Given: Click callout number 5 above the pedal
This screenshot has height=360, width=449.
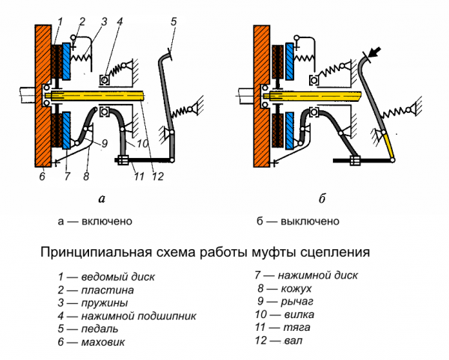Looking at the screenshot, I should tap(174, 22).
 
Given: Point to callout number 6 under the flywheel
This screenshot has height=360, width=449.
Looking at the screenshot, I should tap(43, 177).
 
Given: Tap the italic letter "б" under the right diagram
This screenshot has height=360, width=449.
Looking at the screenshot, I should tap(321, 198).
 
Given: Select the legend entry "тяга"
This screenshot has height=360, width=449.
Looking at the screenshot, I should tap(282, 328).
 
